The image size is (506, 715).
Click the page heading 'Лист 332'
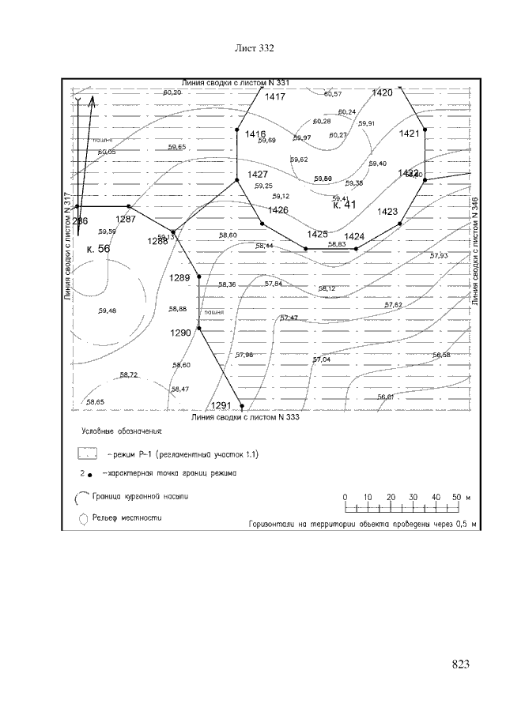click(x=255, y=49)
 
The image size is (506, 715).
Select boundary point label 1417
click(x=275, y=97)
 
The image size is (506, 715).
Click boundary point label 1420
click(x=382, y=93)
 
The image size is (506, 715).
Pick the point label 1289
click(x=180, y=278)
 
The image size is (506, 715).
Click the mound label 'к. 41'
click(x=346, y=205)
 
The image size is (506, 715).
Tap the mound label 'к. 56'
click(x=98, y=249)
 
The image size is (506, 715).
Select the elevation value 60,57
click(x=333, y=95)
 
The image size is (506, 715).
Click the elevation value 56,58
click(x=441, y=356)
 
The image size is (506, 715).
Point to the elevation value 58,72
click(x=128, y=374)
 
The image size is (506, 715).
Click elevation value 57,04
click(x=322, y=359)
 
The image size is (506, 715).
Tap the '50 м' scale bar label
click(x=462, y=497)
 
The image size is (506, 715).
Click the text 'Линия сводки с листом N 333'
click(x=246, y=416)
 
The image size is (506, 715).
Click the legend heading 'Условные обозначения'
click(x=122, y=433)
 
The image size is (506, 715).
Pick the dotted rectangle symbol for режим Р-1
click(x=88, y=455)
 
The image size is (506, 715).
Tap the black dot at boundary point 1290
click(x=198, y=330)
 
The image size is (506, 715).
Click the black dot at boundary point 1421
click(x=425, y=130)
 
